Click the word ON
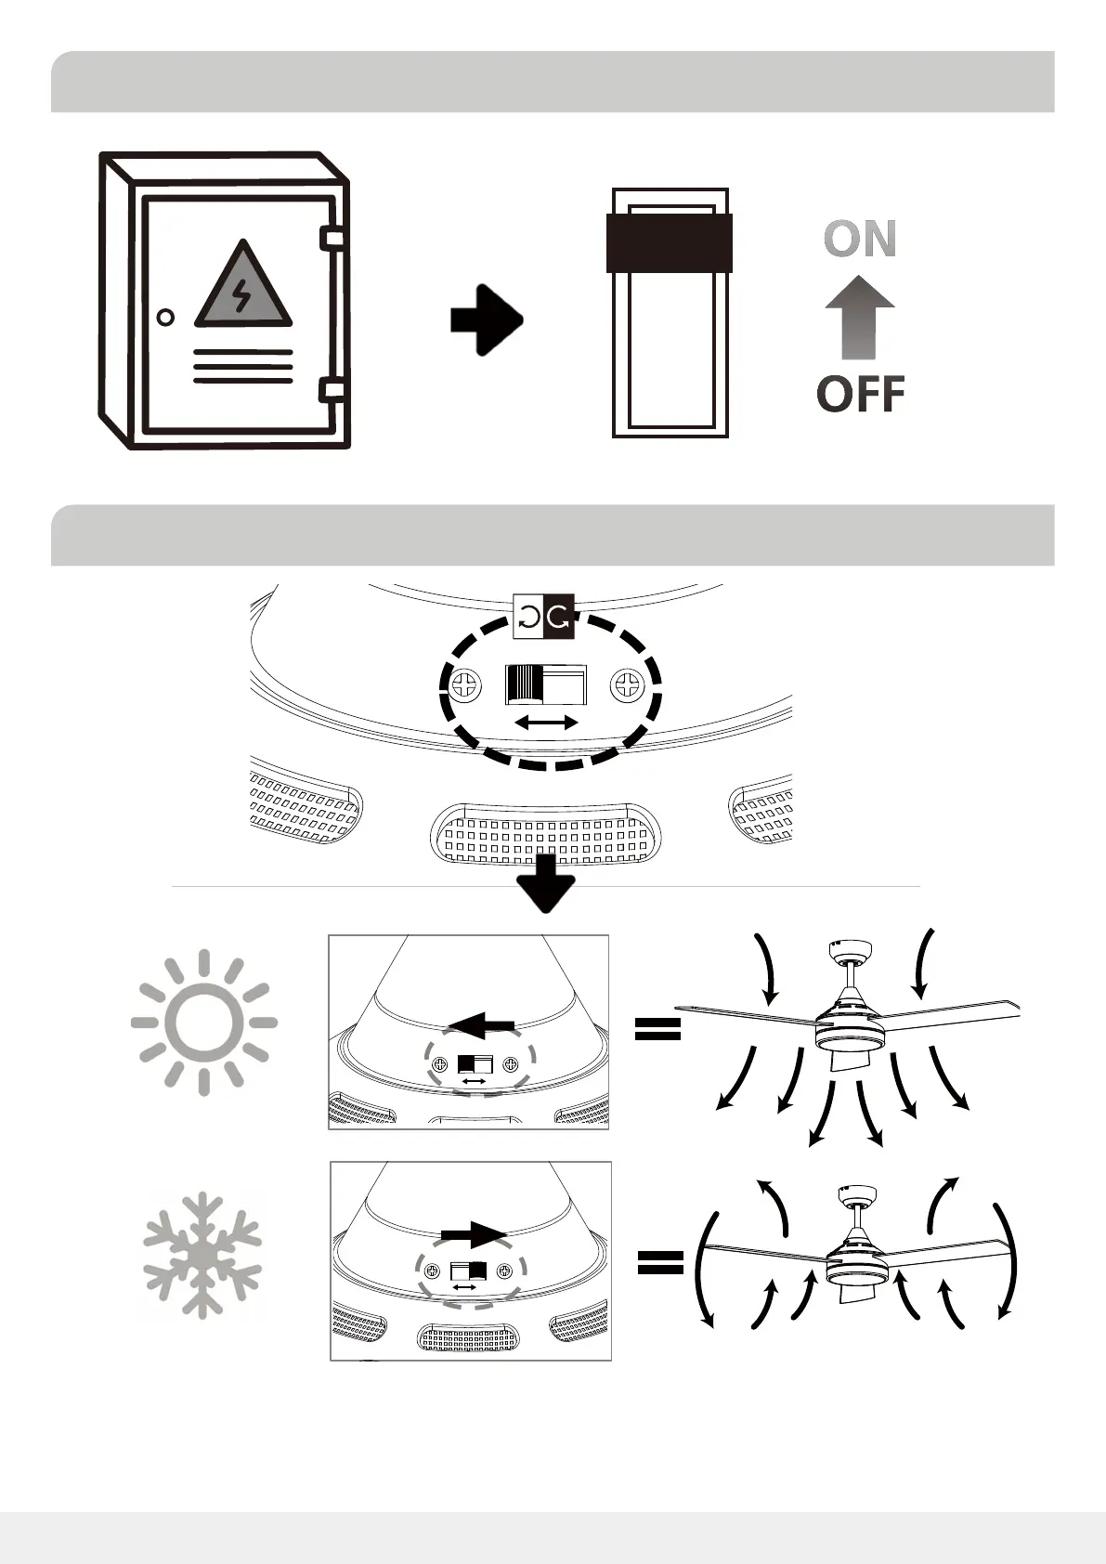pos(860,239)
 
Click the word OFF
pos(861,394)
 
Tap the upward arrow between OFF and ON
pos(860,317)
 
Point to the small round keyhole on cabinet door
pos(165,318)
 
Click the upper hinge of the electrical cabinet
pos(332,238)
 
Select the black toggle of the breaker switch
pos(670,242)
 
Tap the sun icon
pos(204,1023)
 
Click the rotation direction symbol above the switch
pos(544,616)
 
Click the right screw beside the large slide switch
pos(628,687)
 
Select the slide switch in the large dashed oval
pos(546,685)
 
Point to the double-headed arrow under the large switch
pos(547,722)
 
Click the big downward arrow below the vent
pos(546,882)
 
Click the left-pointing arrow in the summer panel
pos(481,1025)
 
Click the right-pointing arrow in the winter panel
pos(474,1233)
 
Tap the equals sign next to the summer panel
pos(657,1027)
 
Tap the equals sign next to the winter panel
pos(660,1261)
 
